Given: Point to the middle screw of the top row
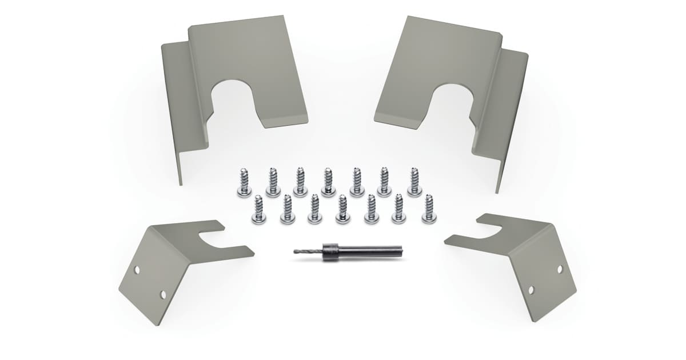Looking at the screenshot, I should pos(328,182).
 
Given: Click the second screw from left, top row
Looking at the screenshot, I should pos(273,183).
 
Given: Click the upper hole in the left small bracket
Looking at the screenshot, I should pos(137,269).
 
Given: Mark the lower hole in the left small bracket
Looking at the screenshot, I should pos(163,294).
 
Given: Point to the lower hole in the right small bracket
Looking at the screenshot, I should pos(531,290).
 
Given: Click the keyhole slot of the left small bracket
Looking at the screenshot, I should pos(214,241).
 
